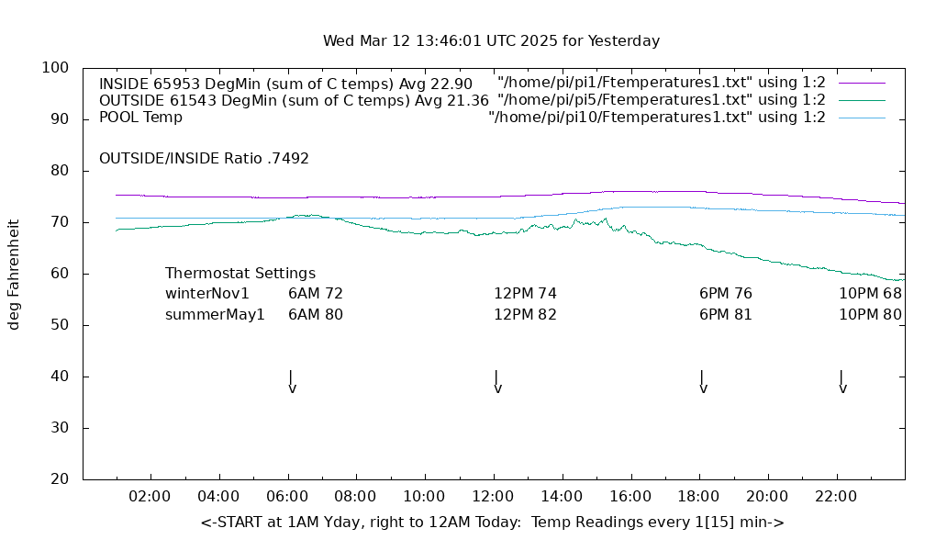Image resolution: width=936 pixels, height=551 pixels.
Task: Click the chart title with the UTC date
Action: tap(491, 41)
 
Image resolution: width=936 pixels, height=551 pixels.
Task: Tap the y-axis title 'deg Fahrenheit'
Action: tap(14, 274)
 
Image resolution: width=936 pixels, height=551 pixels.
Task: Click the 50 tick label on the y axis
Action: tap(61, 325)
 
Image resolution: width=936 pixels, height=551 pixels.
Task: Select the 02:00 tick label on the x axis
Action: tap(150, 497)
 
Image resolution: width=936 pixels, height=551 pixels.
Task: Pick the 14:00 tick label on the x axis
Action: tap(562, 497)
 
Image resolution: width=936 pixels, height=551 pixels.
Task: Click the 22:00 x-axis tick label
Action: tap(836, 497)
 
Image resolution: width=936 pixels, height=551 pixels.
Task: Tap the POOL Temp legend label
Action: tap(140, 118)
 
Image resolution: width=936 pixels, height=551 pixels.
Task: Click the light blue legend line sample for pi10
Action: tap(862, 118)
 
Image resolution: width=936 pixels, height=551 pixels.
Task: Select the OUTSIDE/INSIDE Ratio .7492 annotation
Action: tap(204, 158)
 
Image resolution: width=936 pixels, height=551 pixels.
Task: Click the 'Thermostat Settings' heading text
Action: tap(240, 274)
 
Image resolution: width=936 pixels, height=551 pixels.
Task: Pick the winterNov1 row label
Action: tap(207, 294)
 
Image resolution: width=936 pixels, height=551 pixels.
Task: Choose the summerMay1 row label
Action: tap(215, 314)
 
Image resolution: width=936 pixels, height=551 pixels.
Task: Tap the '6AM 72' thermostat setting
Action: tap(315, 294)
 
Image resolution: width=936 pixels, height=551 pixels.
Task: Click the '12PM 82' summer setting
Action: tap(525, 314)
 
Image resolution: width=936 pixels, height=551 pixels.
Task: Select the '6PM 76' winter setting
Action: tap(725, 294)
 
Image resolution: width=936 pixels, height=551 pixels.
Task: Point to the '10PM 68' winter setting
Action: tap(870, 294)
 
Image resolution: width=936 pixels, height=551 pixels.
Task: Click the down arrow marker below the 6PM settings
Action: tap(703, 383)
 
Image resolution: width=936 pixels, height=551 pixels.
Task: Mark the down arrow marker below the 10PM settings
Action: tap(841, 383)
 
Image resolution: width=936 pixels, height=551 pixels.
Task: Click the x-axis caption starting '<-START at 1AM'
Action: tap(492, 523)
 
